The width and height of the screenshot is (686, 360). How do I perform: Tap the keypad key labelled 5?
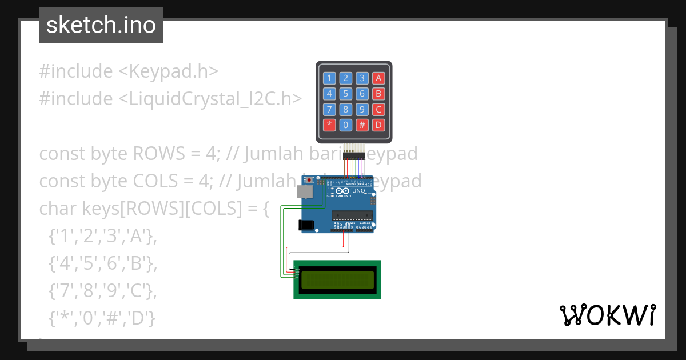[345, 94]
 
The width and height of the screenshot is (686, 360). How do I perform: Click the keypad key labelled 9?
[362, 109]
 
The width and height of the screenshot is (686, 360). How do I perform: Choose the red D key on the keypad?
[378, 125]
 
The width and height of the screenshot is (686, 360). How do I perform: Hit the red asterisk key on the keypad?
[329, 125]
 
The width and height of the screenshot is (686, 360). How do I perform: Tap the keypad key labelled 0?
[345, 125]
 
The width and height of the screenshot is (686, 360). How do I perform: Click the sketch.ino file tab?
[101, 25]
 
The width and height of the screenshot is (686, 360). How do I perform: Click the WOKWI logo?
[607, 315]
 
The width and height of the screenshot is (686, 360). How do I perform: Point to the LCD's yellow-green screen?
[337, 279]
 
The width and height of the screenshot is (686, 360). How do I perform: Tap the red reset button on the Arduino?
[310, 181]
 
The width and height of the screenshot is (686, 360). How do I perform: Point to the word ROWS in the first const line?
[154, 154]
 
